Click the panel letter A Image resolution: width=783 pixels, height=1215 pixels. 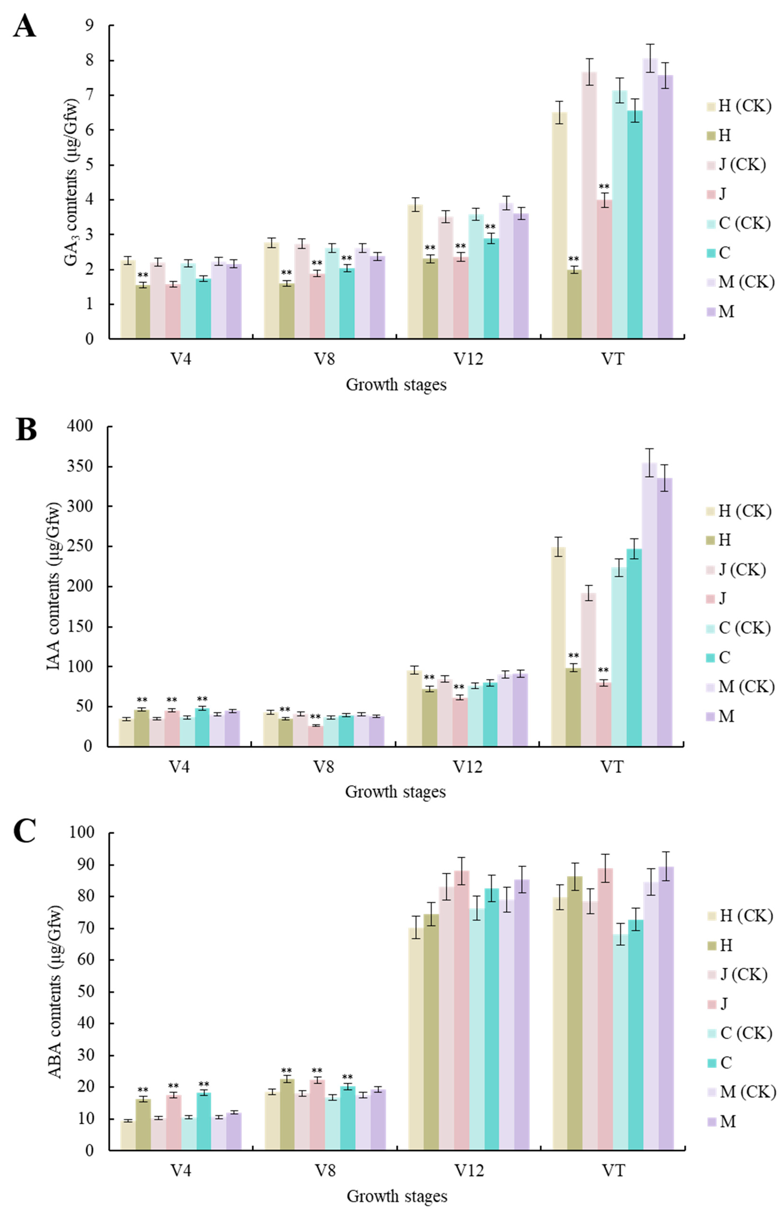click(25, 26)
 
